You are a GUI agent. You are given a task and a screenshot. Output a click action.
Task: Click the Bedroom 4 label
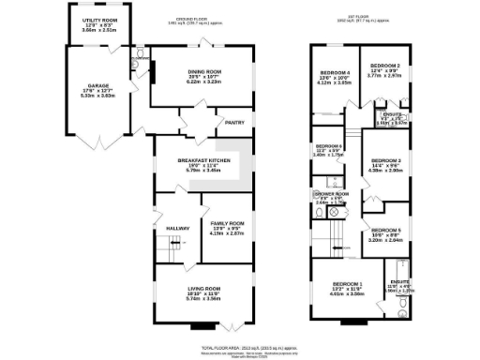click(x=336, y=72)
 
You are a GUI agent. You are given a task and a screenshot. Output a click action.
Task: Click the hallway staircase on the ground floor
click(x=168, y=250)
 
